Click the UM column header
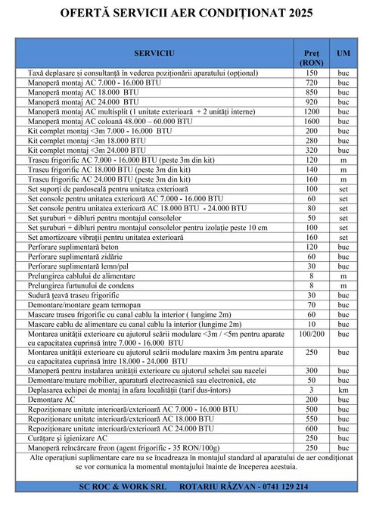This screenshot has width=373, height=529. pos(343,54)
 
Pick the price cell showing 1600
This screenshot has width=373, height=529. pos(311,121)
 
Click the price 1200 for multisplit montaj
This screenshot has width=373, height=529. pos(311,111)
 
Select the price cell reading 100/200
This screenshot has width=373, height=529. pos(311,333)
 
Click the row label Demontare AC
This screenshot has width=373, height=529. pos(51,400)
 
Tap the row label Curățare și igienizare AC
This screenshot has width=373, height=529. pos(69,438)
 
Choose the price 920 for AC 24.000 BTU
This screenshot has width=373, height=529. pos(311,101)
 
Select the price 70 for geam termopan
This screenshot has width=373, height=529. pos(311,305)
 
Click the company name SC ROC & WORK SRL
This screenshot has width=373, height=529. pos(117,487)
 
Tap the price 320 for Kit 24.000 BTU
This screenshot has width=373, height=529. pos(311,150)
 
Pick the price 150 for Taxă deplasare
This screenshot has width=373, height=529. pos(311,72)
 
